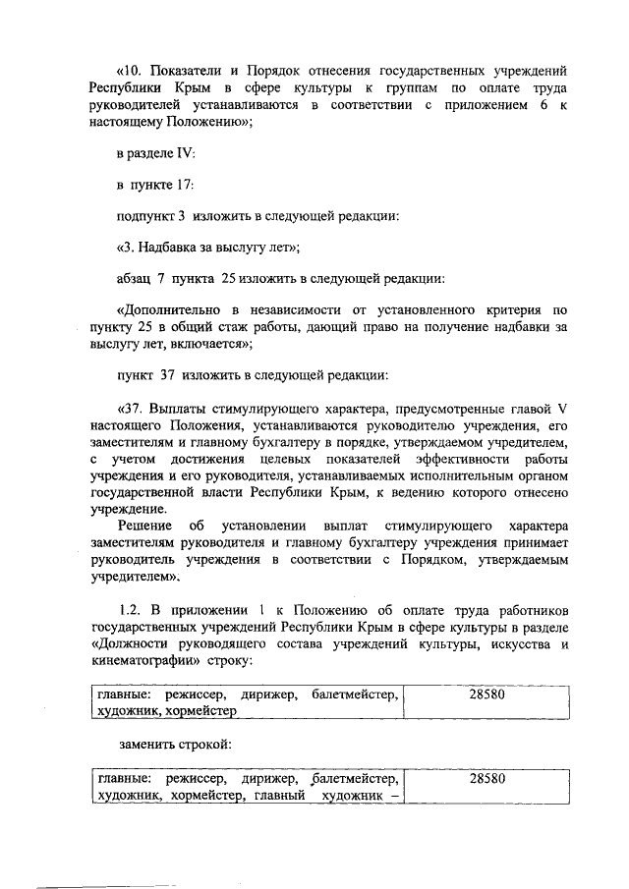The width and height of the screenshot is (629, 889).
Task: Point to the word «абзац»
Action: click(135, 278)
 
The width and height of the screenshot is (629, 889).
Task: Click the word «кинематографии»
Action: click(141, 660)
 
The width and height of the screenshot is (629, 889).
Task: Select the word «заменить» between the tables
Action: click(144, 744)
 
